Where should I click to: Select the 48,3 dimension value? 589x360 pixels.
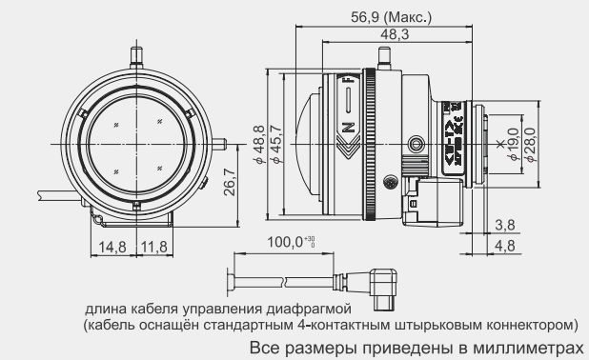click(396, 34)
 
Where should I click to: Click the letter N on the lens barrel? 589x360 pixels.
click(348, 124)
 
